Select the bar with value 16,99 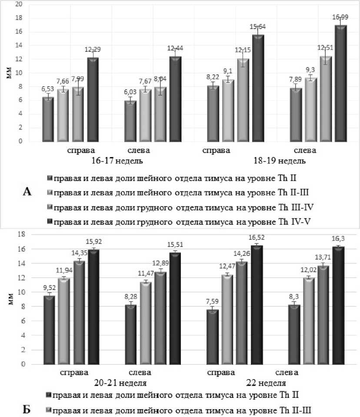[341, 83]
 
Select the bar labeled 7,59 [213, 337]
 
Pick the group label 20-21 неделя [120, 383]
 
